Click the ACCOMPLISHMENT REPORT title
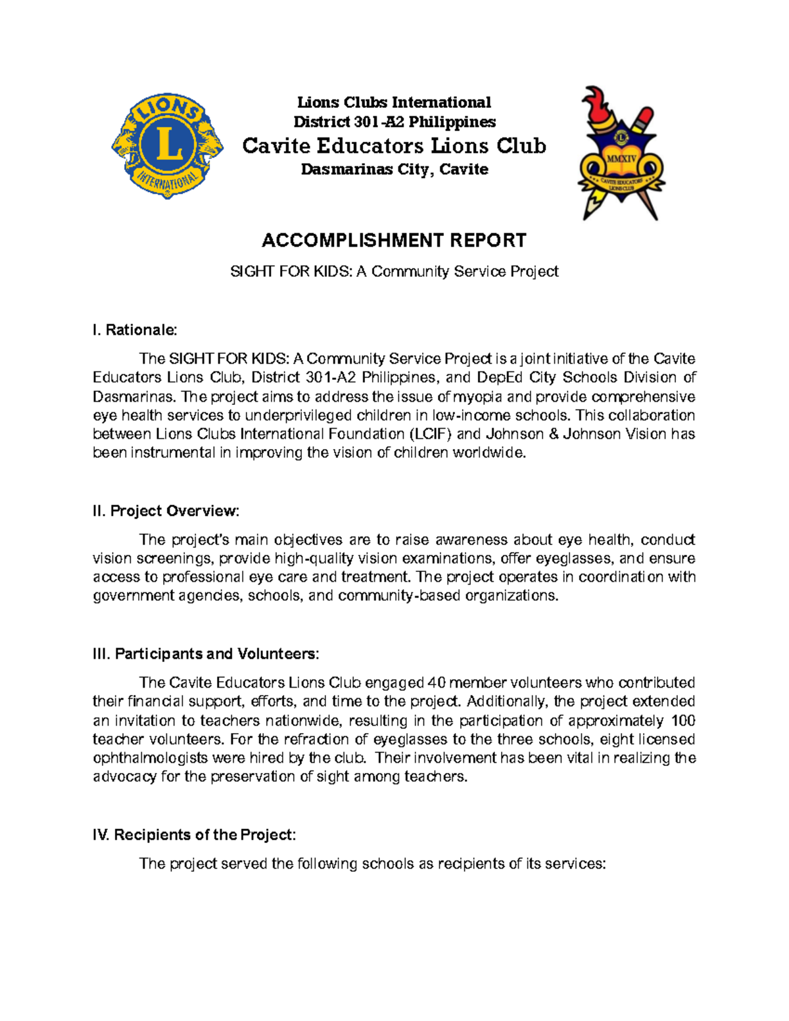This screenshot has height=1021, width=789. (394, 241)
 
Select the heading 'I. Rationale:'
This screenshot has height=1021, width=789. (135, 329)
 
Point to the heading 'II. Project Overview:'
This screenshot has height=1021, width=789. (166, 511)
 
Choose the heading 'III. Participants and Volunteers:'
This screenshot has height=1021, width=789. (206, 653)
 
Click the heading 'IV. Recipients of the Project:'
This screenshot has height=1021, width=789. (195, 835)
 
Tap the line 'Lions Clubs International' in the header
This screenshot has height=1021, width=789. (394, 103)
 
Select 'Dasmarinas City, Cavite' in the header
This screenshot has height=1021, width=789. (394, 170)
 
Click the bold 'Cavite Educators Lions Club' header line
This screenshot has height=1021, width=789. (394, 145)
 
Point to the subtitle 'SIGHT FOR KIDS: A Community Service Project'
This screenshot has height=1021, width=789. (394, 272)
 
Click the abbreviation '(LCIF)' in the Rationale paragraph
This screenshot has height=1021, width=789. (431, 434)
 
